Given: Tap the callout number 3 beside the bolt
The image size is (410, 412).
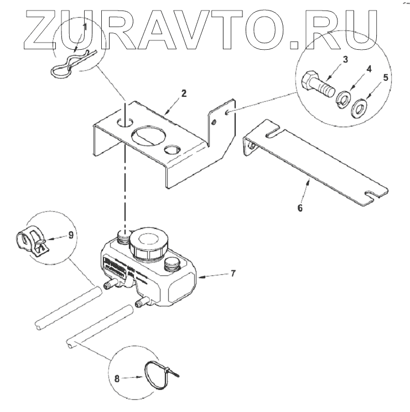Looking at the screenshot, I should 345,59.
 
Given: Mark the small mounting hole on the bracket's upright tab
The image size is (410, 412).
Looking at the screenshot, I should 228,113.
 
